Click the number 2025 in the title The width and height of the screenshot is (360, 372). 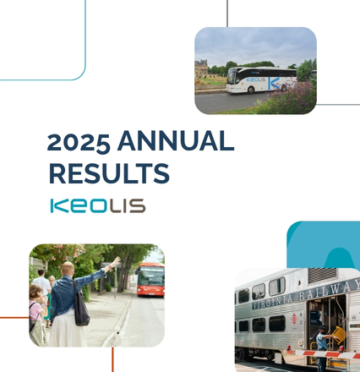[79, 142]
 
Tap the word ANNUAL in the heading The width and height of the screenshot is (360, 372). [176, 140]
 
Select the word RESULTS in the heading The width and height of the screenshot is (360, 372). [109, 173]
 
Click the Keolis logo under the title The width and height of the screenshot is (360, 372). [98, 205]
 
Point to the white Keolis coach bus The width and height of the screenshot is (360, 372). [261, 79]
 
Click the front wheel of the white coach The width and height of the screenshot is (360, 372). [251, 90]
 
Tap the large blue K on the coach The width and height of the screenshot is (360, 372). [274, 84]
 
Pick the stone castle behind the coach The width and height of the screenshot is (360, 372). [201, 68]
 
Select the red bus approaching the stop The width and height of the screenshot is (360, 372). [150, 280]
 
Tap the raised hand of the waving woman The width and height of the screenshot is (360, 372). [115, 262]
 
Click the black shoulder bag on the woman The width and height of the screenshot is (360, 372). [81, 307]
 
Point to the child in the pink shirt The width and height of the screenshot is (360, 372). [37, 315]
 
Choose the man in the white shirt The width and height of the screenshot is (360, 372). [41, 286]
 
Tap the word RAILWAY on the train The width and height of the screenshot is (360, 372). [330, 289]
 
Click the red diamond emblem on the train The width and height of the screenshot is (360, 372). [294, 319]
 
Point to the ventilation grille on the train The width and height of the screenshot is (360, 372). [322, 276]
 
